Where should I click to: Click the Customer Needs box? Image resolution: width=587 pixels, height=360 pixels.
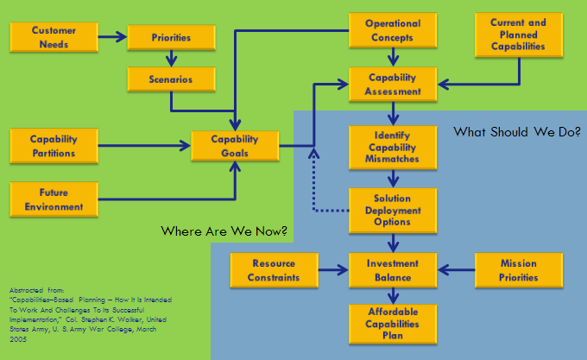(54, 36)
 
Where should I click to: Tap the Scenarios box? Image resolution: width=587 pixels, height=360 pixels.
(170, 79)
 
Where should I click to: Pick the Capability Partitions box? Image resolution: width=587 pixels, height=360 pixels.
(54, 147)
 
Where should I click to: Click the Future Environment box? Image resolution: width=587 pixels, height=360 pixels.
(54, 199)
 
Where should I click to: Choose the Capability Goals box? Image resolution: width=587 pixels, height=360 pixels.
(235, 146)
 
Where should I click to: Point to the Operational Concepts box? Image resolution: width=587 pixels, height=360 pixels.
(393, 31)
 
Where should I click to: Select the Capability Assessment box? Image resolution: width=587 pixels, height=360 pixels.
(393, 85)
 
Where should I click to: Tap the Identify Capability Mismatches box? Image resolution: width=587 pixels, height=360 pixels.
(393, 148)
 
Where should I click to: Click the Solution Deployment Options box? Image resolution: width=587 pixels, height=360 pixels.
(393, 211)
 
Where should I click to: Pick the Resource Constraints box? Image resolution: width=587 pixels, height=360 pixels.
(273, 270)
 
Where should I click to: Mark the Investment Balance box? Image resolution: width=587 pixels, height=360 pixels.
(393, 270)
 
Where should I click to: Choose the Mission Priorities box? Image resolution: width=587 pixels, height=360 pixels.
(519, 270)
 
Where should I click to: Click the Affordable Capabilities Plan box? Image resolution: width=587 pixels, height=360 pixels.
(393, 322)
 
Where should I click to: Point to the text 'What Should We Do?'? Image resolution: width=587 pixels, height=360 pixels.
(517, 133)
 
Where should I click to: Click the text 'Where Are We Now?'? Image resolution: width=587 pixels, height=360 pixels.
(225, 231)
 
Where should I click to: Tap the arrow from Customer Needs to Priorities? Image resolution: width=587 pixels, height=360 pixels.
(112, 37)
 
